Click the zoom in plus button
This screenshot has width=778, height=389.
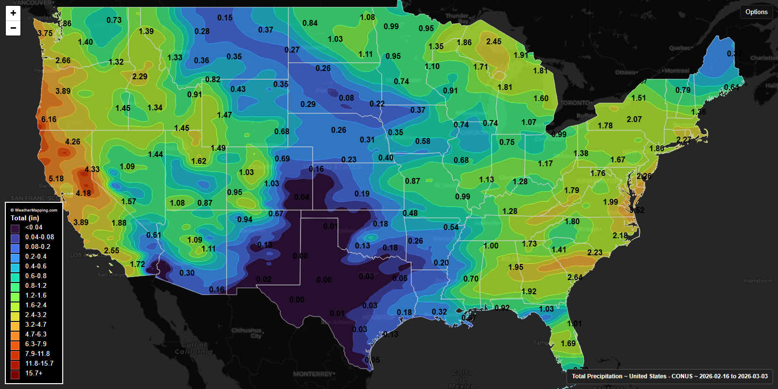(13, 13)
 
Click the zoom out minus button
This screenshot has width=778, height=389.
(13, 28)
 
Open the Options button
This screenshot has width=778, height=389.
(756, 12)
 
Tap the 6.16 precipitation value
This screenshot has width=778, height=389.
(49, 119)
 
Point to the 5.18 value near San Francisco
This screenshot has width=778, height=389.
(56, 178)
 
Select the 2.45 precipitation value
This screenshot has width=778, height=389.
(494, 42)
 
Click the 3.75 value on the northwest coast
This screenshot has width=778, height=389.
(45, 33)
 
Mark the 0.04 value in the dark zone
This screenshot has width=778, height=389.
(301, 197)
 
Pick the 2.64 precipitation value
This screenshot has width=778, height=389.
(575, 277)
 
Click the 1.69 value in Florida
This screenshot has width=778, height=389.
(568, 343)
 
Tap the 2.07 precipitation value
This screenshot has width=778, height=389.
(634, 119)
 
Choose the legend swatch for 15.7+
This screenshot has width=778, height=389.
(15, 374)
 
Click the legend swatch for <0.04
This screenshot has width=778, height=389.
(15, 228)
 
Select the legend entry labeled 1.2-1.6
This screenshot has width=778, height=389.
(35, 295)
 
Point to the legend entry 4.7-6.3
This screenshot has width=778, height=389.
(35, 334)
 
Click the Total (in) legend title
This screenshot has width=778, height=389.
(25, 218)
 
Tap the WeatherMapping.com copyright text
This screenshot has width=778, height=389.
(34, 210)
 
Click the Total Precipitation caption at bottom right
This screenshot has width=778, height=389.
(669, 376)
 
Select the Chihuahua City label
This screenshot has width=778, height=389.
(247, 333)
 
